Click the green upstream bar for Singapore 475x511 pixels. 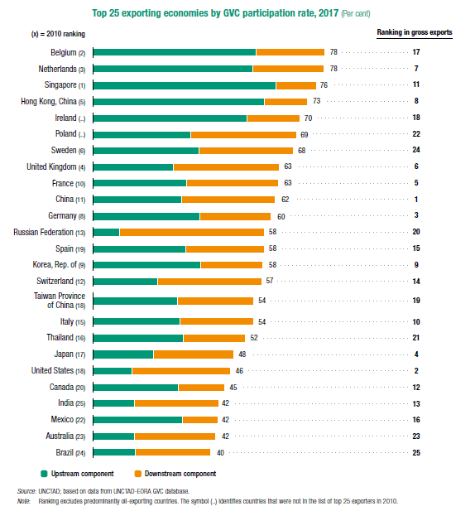[185, 85]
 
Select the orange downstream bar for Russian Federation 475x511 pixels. [192, 232]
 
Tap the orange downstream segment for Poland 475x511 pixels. [243, 135]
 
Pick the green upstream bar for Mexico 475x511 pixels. [137, 420]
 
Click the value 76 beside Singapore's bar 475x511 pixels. [324, 85]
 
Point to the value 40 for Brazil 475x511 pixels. [220, 453]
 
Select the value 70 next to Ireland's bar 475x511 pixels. [308, 118]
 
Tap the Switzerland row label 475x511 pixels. [61, 281]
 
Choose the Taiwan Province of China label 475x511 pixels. [60, 301]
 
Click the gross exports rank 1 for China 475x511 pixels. [416, 199]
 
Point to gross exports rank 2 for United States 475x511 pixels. [416, 370]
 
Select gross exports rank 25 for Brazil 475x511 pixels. [416, 453]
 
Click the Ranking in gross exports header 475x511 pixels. [415, 32]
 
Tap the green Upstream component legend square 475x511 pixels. [44, 474]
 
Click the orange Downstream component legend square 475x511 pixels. [137, 474]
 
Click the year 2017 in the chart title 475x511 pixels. [329, 13]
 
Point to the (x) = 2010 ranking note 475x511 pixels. [58, 34]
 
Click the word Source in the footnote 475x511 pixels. [26, 491]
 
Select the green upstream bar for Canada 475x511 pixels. [136, 388]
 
